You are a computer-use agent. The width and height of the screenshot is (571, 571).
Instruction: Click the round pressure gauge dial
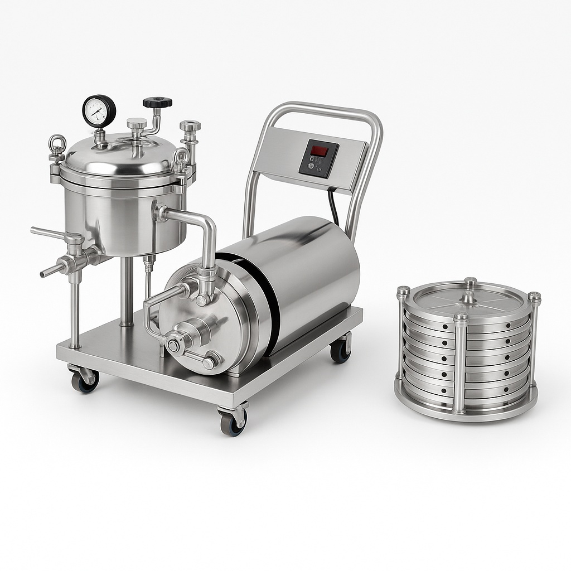99,110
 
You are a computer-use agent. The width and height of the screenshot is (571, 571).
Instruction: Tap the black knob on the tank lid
157,103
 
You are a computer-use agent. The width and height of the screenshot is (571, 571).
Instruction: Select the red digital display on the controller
319,151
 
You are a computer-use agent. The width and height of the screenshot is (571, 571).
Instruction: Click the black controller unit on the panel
318,159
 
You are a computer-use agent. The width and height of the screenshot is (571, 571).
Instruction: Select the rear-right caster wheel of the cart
340,351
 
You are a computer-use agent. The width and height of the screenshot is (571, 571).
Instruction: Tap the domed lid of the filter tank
120,156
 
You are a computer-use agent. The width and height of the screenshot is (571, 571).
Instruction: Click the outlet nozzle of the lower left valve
47,272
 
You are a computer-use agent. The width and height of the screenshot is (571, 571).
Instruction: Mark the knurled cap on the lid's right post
190,126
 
